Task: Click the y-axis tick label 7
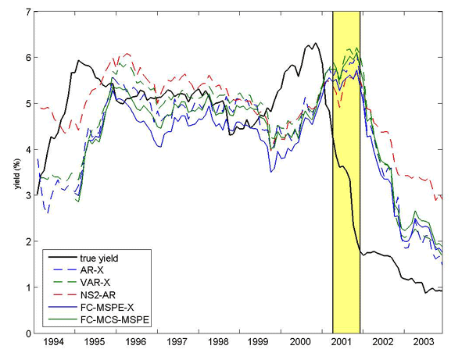(29, 12)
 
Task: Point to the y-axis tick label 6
(29, 58)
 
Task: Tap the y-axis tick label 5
(29, 104)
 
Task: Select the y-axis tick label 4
(29, 149)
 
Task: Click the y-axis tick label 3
(29, 195)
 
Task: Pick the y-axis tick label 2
(29, 241)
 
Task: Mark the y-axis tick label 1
(29, 287)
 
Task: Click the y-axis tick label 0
(29, 333)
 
